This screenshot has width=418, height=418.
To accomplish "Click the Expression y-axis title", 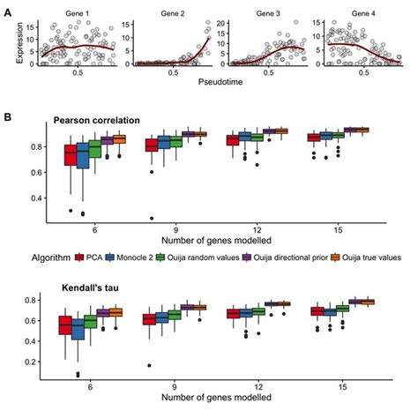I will tap(9, 40).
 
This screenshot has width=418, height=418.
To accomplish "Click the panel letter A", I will tap(7, 5).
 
